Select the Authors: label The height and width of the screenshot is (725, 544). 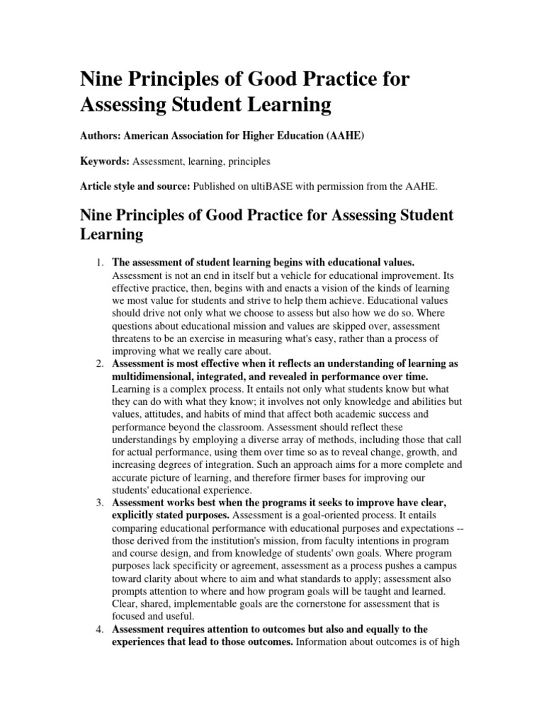[106, 137]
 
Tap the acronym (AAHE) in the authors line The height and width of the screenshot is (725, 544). [345, 137]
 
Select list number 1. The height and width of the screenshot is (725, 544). [99, 263]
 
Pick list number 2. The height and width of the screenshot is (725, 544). [99, 364]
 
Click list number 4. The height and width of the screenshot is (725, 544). [99, 629]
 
